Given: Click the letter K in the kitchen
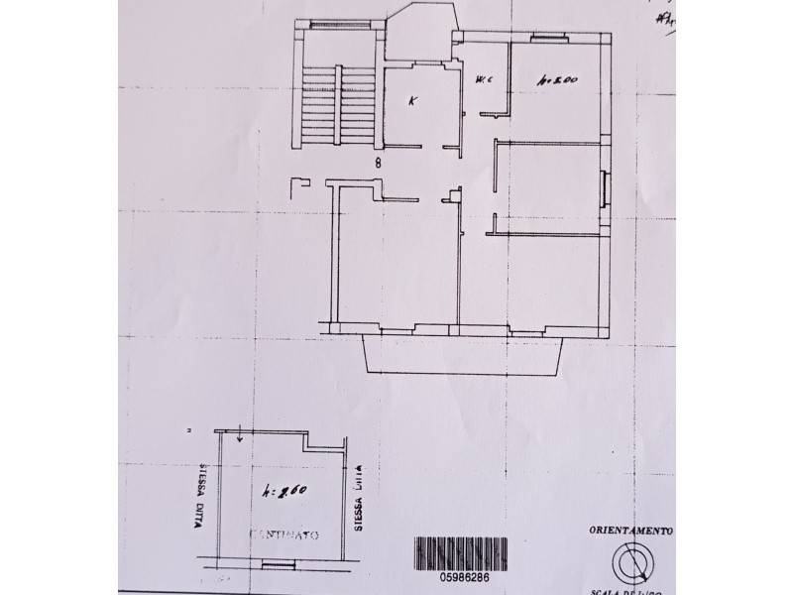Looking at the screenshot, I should point(414,101).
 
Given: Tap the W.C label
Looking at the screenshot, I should point(485,80).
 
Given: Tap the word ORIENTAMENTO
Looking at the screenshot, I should point(630,531).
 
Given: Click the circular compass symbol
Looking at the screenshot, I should point(633,562).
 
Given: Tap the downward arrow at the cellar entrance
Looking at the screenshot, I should point(241,434).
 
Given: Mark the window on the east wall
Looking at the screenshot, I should point(604,186).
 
